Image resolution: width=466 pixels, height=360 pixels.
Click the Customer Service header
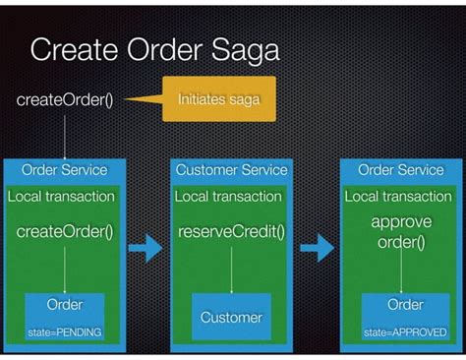coord(231,170)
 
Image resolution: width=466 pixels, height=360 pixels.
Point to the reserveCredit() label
coord(231,233)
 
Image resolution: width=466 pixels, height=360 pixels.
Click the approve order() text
coord(401,232)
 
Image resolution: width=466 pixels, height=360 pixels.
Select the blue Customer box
coord(231,317)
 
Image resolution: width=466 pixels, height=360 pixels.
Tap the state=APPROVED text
coord(401,332)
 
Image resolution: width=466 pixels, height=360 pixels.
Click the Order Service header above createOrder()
coord(65,170)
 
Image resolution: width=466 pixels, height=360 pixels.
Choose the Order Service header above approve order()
coord(401,170)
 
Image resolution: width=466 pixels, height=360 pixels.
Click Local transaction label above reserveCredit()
coord(231,196)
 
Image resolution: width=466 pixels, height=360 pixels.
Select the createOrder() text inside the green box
coord(65,233)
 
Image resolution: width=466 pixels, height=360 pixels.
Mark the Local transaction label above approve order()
coord(401,196)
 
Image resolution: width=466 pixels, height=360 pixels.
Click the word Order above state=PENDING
coord(65,305)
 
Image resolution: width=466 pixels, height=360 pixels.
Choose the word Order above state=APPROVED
coord(401,305)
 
